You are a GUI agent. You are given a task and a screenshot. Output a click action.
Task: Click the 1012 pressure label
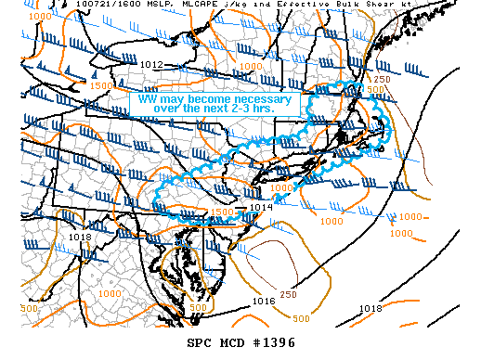tap(153, 65)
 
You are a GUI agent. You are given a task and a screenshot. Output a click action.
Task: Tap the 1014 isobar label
tap(260, 207)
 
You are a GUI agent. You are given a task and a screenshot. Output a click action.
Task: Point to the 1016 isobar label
tap(264, 302)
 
